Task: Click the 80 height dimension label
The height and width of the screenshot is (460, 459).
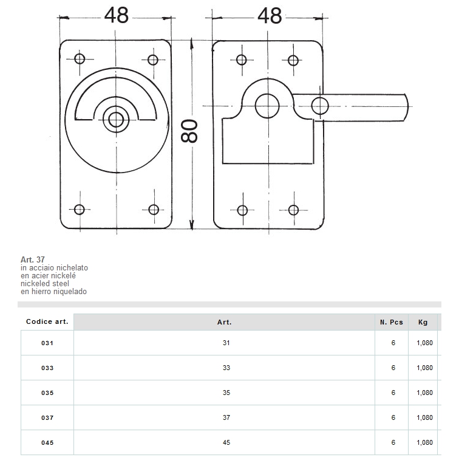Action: pos(191,131)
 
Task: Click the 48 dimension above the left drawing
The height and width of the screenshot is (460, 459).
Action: pos(116,15)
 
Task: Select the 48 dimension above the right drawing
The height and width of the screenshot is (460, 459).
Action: pos(270,15)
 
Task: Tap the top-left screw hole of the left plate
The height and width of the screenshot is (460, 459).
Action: pos(79,59)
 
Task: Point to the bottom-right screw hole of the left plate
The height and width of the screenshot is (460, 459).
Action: pos(154,209)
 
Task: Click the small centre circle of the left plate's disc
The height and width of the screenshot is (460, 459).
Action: pos(114,118)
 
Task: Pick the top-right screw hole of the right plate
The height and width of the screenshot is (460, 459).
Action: pos(293,60)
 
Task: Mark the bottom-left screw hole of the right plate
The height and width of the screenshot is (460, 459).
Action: pos(242,210)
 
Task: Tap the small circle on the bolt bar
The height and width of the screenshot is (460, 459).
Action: pos(319,105)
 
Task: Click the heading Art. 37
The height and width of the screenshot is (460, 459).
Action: pos(33,259)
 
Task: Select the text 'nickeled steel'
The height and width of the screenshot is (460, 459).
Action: pos(45,283)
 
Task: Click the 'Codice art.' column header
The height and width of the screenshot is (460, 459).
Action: pos(47,321)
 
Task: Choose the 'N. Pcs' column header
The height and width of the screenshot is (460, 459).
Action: pos(392,322)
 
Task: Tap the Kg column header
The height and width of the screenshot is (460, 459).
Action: pos(423,322)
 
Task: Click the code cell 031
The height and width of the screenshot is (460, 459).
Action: pos(47,343)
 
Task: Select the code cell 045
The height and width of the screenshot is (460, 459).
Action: pos(47,443)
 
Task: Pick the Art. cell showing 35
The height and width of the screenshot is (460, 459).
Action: pos(226,393)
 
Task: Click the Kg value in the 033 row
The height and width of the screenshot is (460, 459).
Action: pos(424,368)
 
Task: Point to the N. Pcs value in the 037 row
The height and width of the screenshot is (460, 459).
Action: pos(393,418)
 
